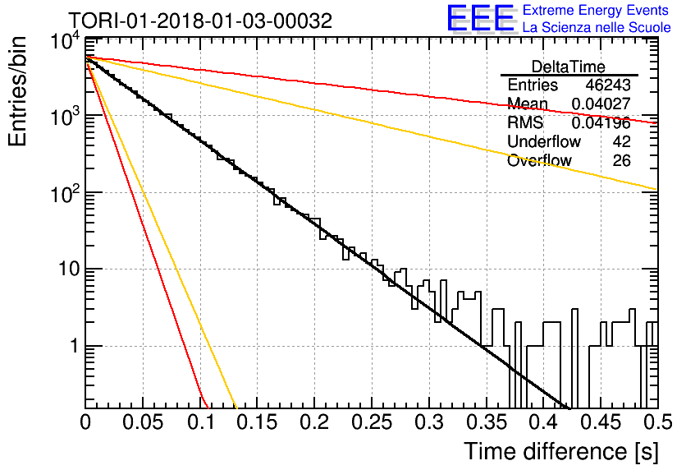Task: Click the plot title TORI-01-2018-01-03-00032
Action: click(201, 21)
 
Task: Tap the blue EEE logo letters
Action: click(480, 18)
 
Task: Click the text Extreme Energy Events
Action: click(596, 10)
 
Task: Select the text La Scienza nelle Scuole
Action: click(597, 28)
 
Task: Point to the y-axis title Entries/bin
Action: click(18, 91)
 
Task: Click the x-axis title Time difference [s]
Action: click(561, 452)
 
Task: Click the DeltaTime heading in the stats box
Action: click(569, 67)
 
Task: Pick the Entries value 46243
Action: click(608, 85)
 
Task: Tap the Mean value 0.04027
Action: click(601, 104)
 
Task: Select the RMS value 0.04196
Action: click(601, 123)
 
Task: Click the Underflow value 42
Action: click(622, 141)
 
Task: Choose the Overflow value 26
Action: click(622, 161)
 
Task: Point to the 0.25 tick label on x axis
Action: click(372, 422)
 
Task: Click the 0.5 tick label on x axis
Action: click(657, 422)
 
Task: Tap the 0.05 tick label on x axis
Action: click(143, 422)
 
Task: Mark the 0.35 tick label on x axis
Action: click(487, 422)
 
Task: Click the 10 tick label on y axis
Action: click(69, 269)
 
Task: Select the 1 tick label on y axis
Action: click(75, 346)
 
